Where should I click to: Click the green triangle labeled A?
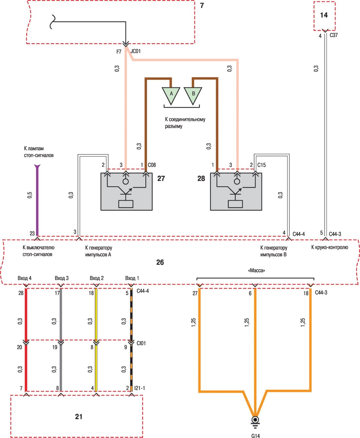pyautogui.click(x=171, y=94)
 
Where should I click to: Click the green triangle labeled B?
pyautogui.click(x=193, y=94)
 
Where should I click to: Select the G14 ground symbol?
pyautogui.click(x=255, y=420)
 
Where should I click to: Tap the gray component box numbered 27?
pyautogui.click(x=126, y=192)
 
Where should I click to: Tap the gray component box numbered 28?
pyautogui.click(x=236, y=192)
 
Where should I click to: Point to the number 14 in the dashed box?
pyautogui.click(x=324, y=15)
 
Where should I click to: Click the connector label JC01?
pyautogui.click(x=136, y=51)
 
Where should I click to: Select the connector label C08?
pyautogui.click(x=152, y=165)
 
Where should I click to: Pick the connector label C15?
pyautogui.click(x=261, y=165)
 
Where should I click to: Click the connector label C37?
pyautogui.click(x=334, y=35)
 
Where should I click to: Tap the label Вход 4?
pyautogui.click(x=25, y=278)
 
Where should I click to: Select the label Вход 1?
pyautogui.click(x=132, y=278)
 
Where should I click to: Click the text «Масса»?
pyautogui.click(x=256, y=271)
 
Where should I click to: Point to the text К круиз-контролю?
pyautogui.click(x=330, y=247)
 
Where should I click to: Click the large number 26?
pyautogui.click(x=160, y=262)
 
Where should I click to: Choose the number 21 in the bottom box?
pyautogui.click(x=79, y=417)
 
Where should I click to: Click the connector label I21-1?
pyautogui.click(x=139, y=388)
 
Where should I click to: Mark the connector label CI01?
pyautogui.click(x=141, y=343)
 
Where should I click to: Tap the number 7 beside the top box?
pyautogui.click(x=202, y=5)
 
